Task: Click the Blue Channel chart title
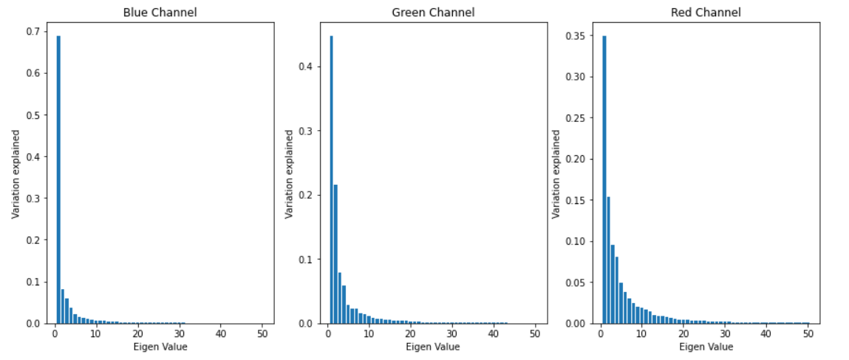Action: coord(161,13)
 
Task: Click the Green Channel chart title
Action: coord(434,13)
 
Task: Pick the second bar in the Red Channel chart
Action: coord(608,259)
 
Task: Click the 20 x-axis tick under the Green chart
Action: coord(410,333)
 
